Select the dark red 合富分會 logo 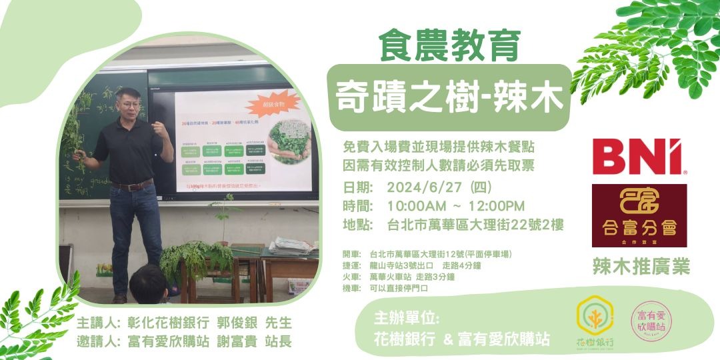[x=639, y=215]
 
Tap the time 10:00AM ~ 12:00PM [x=465, y=206]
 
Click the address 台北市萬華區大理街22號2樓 [x=475, y=225]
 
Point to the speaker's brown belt [x=132, y=185]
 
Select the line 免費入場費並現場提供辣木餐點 [x=439, y=146]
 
